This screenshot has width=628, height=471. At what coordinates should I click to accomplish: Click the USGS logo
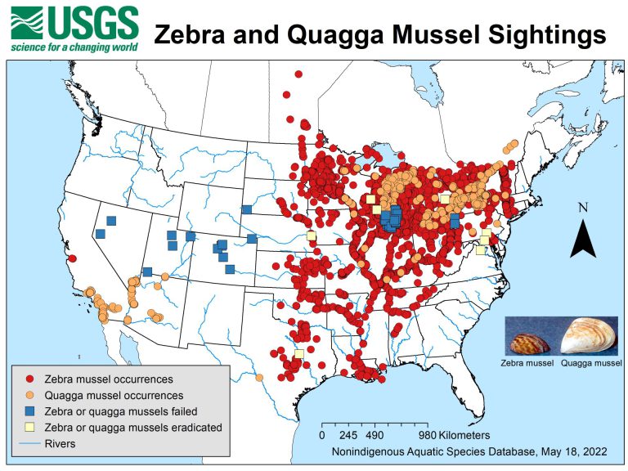click(74, 22)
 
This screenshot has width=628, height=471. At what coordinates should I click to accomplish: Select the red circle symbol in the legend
click(30, 379)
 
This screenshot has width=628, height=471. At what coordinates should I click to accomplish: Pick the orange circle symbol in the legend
click(30, 395)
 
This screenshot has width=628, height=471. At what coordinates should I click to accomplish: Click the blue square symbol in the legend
click(30, 411)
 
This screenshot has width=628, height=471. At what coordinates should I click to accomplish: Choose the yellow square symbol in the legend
click(30, 427)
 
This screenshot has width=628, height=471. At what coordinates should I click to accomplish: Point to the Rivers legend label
click(61, 443)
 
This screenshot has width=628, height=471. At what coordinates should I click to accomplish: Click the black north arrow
click(582, 239)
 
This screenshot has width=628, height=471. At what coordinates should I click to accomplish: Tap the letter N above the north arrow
click(582, 208)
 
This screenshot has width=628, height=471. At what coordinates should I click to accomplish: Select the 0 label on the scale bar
click(322, 435)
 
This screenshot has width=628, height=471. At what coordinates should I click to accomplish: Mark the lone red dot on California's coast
click(73, 258)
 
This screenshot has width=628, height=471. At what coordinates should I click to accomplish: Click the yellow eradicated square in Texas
click(298, 353)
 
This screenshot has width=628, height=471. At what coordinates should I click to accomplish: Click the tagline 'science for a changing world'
click(74, 46)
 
